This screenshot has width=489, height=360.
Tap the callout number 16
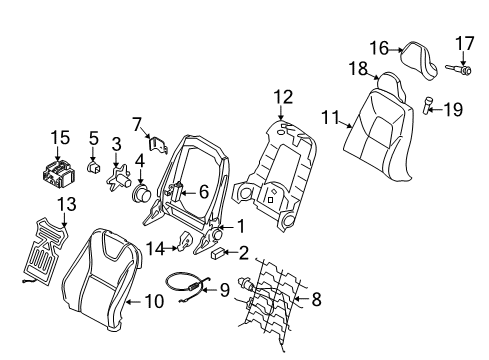(x=379, y=47)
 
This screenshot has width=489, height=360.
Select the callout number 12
(x=283, y=97)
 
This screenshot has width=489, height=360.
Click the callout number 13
(x=39, y=204)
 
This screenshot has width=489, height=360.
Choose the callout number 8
(x=317, y=297)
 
